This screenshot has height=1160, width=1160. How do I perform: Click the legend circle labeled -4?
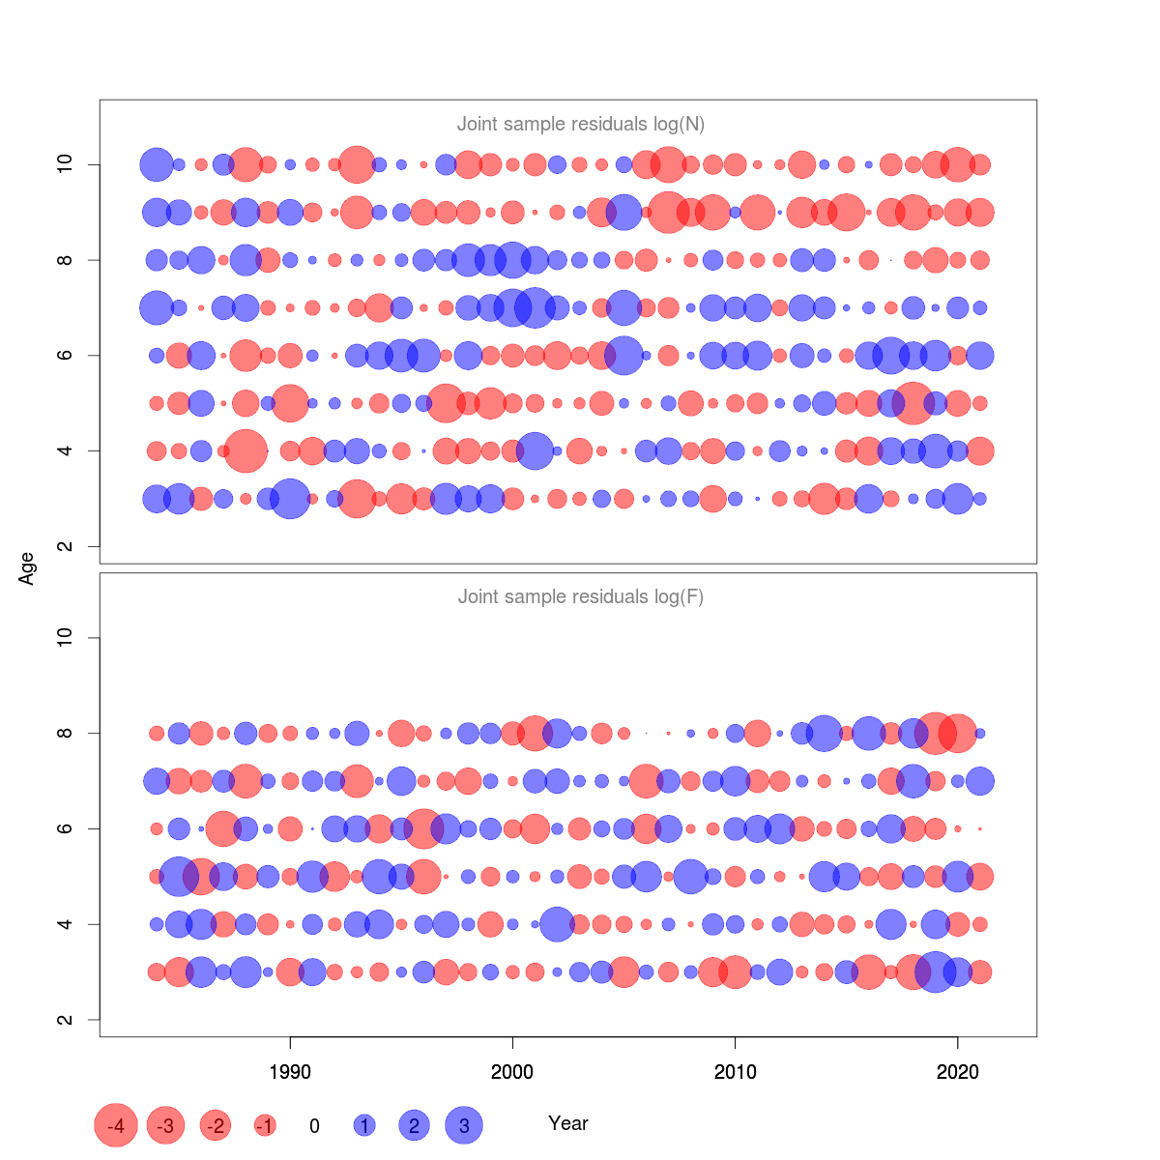[x=116, y=1125]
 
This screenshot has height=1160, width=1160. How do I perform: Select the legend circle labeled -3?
[x=166, y=1125]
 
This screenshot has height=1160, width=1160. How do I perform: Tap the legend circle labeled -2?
[x=216, y=1125]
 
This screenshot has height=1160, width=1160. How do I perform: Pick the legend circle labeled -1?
[x=265, y=1125]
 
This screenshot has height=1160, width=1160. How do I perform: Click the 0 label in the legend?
[x=314, y=1126]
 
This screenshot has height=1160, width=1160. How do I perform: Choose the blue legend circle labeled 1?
[x=364, y=1125]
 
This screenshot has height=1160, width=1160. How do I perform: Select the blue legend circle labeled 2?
[x=414, y=1125]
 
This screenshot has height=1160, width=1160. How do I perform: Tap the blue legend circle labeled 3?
[x=464, y=1125]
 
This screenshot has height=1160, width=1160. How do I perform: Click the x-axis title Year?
[x=568, y=1123]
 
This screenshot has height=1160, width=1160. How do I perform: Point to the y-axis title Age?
[x=27, y=568]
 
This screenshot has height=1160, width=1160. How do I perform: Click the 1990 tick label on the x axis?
[x=290, y=1072]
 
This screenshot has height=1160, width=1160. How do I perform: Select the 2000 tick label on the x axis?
[x=512, y=1072]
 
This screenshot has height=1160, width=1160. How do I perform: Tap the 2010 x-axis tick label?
[x=735, y=1072]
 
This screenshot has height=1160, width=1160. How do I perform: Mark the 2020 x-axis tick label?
[x=958, y=1072]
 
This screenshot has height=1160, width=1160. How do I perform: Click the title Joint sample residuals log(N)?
[x=581, y=124]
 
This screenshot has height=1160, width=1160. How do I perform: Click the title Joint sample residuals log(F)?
[x=581, y=596]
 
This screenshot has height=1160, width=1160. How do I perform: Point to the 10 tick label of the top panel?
[x=65, y=164]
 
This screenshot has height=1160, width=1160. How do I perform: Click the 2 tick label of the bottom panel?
[x=65, y=1020]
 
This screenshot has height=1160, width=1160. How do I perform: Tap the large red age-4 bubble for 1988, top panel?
[x=246, y=450]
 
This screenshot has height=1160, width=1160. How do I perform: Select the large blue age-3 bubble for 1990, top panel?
[x=290, y=499]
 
